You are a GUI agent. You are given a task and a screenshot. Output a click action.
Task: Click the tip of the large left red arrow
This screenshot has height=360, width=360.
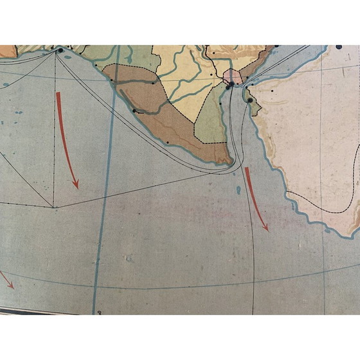tap(77, 187)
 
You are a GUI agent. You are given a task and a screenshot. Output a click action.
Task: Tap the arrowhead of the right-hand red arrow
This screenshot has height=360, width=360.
tap(265, 230)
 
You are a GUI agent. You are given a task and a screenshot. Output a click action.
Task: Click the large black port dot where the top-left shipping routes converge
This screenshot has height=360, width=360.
tap(60, 50)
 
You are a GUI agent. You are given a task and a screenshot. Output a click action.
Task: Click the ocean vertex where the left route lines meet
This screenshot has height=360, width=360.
tap(53, 207)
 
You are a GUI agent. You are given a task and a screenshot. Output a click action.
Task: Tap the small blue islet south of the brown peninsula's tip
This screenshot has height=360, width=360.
tap(239, 190)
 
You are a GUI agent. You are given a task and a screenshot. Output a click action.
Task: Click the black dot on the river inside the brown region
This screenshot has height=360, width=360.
tap(134, 111)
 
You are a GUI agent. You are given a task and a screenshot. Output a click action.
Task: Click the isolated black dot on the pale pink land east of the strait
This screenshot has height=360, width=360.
tap(272, 91)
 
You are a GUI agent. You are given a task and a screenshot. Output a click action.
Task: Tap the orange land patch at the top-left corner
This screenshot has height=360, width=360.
tap(6, 51)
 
